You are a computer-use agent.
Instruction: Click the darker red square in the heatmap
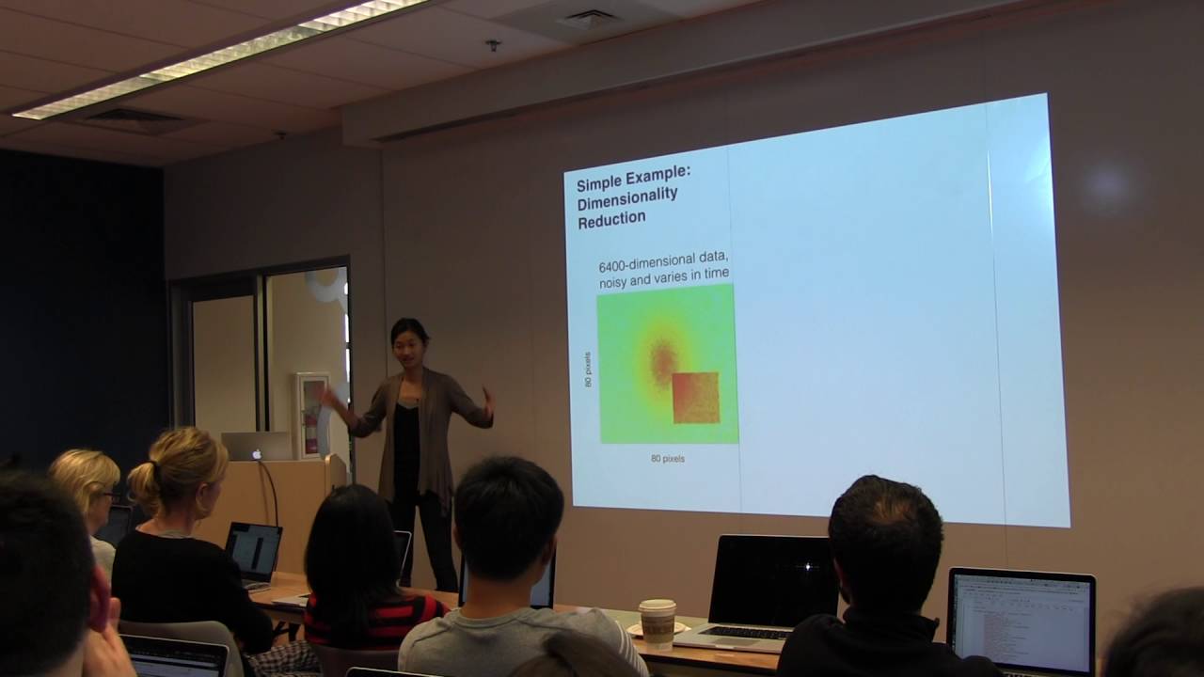coord(696,398)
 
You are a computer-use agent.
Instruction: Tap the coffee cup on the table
coord(657,622)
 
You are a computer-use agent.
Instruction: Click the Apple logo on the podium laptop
coord(257,453)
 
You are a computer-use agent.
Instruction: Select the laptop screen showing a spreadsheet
coord(1022,622)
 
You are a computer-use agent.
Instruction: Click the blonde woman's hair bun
coord(145,480)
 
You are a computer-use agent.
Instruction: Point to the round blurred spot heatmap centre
coord(663,358)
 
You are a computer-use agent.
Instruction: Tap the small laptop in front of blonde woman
coord(253,552)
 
